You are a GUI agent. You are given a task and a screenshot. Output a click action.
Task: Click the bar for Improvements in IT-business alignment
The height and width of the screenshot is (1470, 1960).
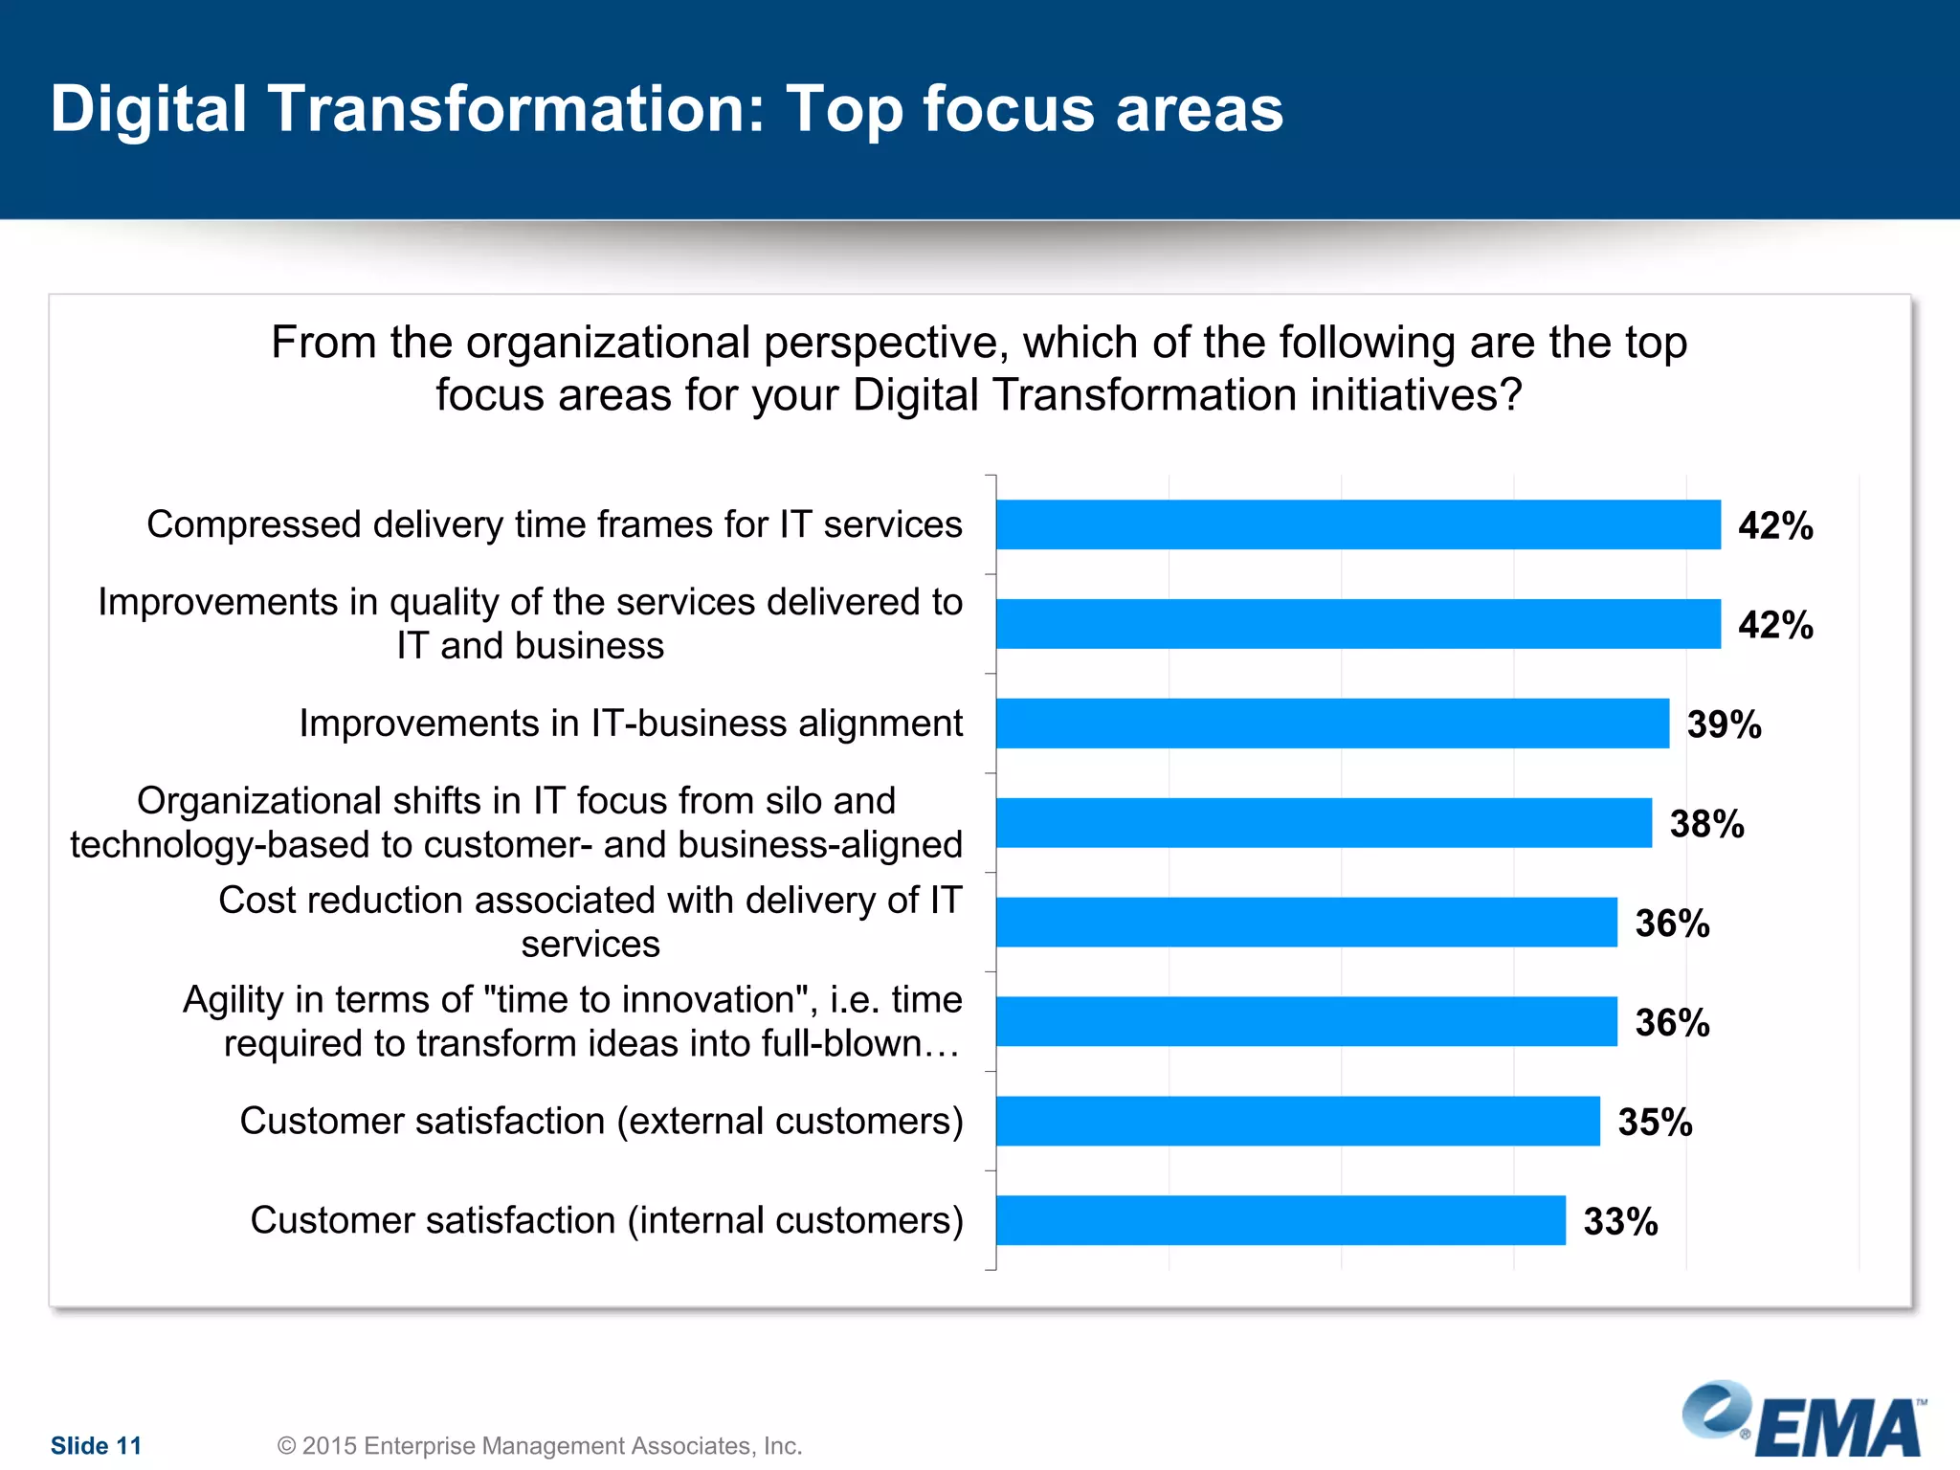click(x=1332, y=724)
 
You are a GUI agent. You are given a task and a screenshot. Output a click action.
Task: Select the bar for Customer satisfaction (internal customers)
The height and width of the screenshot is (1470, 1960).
click(x=1281, y=1220)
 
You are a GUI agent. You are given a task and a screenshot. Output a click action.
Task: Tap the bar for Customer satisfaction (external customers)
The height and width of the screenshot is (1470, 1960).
click(x=1298, y=1121)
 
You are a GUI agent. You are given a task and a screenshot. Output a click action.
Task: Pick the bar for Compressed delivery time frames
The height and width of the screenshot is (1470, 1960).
click(x=1358, y=524)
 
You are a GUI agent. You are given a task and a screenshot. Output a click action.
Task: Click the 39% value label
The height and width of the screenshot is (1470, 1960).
click(x=1724, y=724)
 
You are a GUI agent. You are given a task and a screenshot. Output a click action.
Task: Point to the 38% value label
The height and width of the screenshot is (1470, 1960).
click(x=1706, y=824)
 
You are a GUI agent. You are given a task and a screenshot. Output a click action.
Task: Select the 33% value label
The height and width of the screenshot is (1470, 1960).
click(x=1620, y=1222)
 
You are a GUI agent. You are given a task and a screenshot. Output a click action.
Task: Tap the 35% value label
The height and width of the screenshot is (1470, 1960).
click(x=1655, y=1123)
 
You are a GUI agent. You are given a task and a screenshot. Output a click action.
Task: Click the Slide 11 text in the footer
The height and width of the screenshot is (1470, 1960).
click(x=96, y=1445)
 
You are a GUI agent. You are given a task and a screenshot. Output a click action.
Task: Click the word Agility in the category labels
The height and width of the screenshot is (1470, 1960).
click(x=233, y=999)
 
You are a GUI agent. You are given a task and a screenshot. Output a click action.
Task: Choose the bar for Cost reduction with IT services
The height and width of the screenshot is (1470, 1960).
click(x=1306, y=923)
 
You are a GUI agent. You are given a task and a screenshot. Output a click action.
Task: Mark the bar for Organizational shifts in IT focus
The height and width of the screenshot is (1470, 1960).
click(x=1324, y=823)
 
